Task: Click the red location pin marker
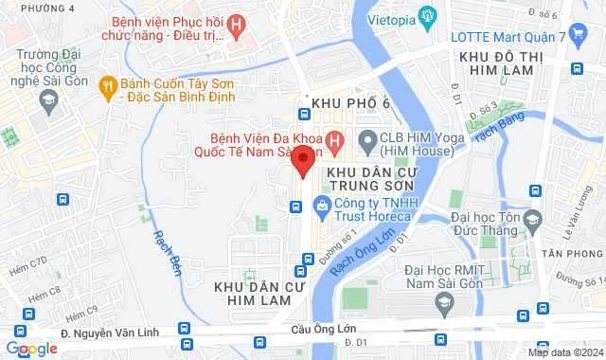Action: (302, 160)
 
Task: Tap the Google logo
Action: (30, 349)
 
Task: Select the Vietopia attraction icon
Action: (428, 15)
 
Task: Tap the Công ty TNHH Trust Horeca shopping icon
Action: (323, 205)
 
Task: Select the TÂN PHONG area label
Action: (572, 253)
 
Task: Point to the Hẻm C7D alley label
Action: (26, 262)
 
